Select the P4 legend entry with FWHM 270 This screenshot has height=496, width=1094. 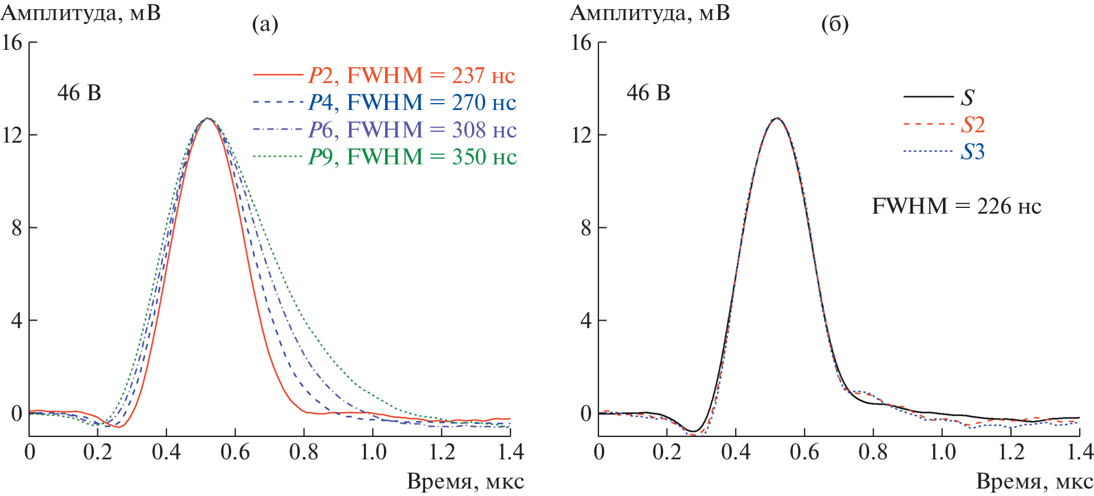coord(412,103)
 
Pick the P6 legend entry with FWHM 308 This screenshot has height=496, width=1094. coord(412,130)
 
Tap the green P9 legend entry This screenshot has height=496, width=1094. coord(412,157)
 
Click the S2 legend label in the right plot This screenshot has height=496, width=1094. coord(973,124)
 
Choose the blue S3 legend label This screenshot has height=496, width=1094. coord(973,152)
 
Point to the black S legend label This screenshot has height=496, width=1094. coord(967,97)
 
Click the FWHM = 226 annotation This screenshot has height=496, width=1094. coord(956,206)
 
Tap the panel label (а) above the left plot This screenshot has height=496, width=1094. coord(265,24)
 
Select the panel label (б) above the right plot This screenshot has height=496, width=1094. coord(835,24)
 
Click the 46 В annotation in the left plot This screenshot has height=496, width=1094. coord(79,93)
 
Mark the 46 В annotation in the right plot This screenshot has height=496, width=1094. coord(648,93)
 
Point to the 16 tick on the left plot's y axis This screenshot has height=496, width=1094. coord(12,42)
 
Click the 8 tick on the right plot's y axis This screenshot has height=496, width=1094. coord(586,228)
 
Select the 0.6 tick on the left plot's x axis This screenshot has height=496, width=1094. coord(235,452)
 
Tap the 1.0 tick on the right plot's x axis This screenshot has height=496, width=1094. coord(942,452)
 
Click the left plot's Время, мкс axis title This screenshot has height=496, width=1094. coord(465,482)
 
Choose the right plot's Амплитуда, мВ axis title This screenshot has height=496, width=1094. coord(650,13)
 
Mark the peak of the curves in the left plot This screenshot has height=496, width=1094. coord(207,119)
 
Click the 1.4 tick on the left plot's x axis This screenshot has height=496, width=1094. coord(510,452)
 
